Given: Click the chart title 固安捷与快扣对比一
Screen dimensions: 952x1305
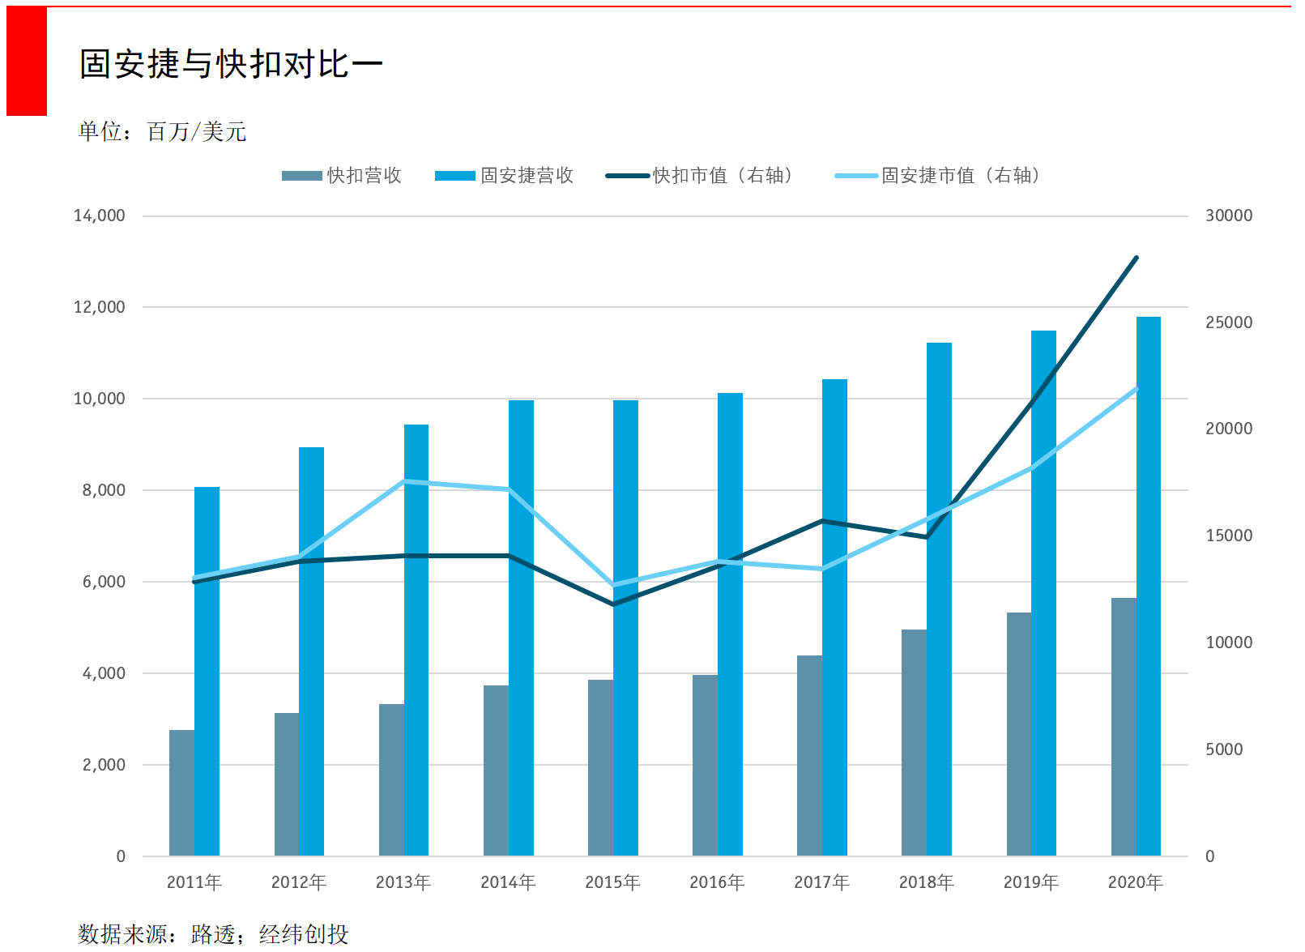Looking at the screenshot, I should pyautogui.click(x=231, y=64).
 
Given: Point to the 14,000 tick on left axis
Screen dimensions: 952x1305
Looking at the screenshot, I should pyautogui.click(x=100, y=216).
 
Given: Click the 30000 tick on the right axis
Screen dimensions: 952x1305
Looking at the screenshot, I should pyautogui.click(x=1228, y=216).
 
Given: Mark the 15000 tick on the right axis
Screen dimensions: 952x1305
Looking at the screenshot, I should pyautogui.click(x=1228, y=536).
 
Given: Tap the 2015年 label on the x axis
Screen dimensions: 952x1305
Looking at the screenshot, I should pyautogui.click(x=612, y=882).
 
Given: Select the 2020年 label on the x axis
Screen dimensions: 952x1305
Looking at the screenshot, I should pyautogui.click(x=1135, y=882).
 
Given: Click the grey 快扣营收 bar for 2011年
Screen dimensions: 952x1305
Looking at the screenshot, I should pyautogui.click(x=181, y=794).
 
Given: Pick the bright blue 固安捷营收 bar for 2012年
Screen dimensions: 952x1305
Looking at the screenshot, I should pyautogui.click(x=311, y=648).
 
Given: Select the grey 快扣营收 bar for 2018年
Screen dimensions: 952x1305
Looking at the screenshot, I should pyautogui.click(x=914, y=741).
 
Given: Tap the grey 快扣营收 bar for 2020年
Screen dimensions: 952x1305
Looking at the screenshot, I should pyautogui.click(x=1124, y=725).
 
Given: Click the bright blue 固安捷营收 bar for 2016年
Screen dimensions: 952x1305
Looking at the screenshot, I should pyautogui.click(x=730, y=624).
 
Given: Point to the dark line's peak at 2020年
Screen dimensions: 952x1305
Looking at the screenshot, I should pyautogui.click(x=1137, y=258).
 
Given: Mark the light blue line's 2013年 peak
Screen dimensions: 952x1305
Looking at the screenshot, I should pyautogui.click(x=404, y=481).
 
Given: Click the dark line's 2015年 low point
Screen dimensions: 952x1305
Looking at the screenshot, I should pyautogui.click(x=613, y=604).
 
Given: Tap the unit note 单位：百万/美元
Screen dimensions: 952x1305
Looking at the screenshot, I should pyautogui.click(x=162, y=131).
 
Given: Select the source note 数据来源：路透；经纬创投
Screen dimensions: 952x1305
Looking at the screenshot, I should pyautogui.click(x=213, y=934).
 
